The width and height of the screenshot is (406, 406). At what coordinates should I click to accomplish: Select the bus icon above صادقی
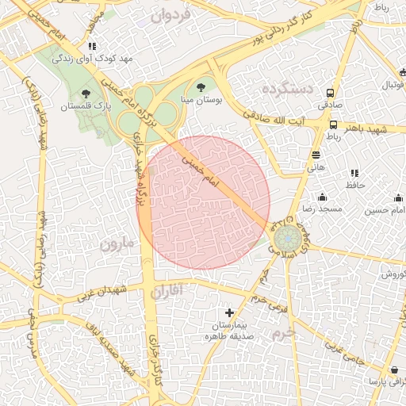(330, 92)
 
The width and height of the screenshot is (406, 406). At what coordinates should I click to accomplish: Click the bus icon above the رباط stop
(333, 124)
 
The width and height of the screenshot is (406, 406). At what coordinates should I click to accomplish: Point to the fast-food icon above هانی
(316, 155)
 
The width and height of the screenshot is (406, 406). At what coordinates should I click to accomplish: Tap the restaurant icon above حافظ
(354, 173)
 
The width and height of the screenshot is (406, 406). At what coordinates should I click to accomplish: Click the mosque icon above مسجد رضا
(322, 197)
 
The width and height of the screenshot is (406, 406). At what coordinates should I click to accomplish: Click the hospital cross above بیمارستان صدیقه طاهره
(230, 313)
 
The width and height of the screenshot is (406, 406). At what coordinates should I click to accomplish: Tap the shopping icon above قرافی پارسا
(394, 370)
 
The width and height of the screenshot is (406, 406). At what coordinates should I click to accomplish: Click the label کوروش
(392, 274)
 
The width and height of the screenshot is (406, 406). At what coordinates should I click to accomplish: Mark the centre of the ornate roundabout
(285, 237)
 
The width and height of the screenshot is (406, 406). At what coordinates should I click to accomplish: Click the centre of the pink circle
(203, 202)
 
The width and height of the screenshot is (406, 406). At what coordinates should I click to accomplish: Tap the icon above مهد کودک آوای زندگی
(92, 46)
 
